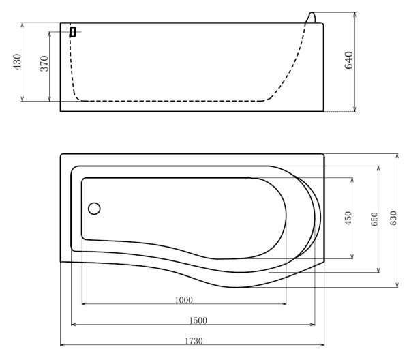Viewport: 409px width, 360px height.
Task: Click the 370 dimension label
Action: (x=44, y=65)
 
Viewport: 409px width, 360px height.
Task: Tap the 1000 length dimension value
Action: (x=183, y=299)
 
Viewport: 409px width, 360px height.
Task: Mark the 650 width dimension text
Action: (x=373, y=220)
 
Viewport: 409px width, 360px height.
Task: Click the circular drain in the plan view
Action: (x=94, y=208)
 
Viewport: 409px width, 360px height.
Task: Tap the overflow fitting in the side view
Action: (x=73, y=31)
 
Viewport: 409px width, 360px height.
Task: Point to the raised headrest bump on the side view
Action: (x=314, y=17)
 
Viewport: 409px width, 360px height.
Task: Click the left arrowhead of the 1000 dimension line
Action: (x=84, y=304)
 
